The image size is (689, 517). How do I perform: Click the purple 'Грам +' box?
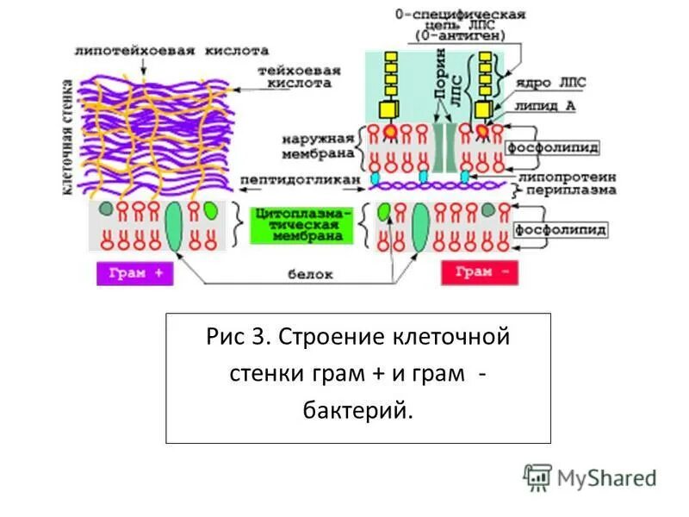click(x=135, y=273)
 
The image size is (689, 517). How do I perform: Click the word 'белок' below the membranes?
click(x=310, y=274)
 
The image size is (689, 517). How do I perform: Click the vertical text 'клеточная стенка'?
click(x=67, y=138)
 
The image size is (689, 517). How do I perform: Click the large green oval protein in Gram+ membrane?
click(x=175, y=227)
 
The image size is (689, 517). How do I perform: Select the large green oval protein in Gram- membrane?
click(x=422, y=227)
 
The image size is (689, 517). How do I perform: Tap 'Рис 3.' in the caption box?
click(x=238, y=335)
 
